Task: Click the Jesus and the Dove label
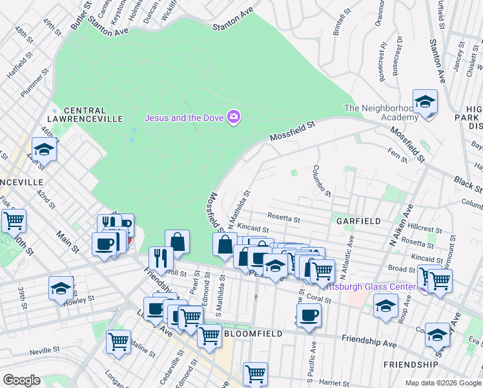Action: (x=183, y=118)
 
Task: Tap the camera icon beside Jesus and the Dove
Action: (x=234, y=117)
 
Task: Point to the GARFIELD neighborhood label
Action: (x=358, y=221)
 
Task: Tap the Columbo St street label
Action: (x=323, y=181)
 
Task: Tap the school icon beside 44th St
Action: (x=44, y=149)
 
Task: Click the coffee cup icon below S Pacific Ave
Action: (x=309, y=316)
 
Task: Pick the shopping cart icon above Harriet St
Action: (x=256, y=373)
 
